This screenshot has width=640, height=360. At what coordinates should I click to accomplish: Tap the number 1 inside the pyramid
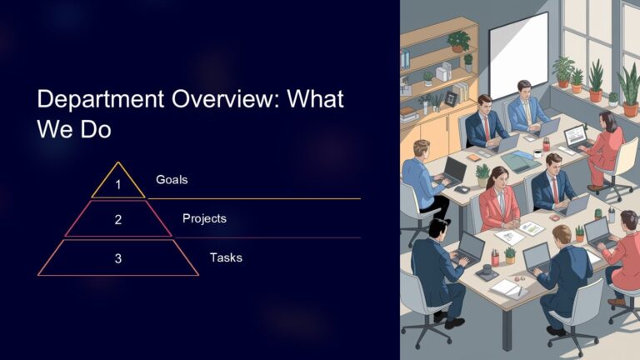point(118,185)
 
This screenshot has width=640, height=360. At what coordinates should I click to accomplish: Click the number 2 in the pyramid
point(118,220)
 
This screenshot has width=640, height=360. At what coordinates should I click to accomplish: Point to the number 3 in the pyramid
point(118,258)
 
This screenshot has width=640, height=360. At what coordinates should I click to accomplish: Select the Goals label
point(171,179)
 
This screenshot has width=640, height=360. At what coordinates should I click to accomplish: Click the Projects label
point(204,218)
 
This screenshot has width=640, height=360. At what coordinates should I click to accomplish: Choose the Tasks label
point(226,257)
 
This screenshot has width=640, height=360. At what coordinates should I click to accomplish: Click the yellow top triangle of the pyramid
point(118,182)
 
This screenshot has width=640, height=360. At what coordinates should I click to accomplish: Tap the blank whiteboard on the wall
point(518,55)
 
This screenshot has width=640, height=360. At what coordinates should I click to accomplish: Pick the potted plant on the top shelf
point(458,40)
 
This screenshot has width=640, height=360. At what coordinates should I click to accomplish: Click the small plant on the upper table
point(482,173)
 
